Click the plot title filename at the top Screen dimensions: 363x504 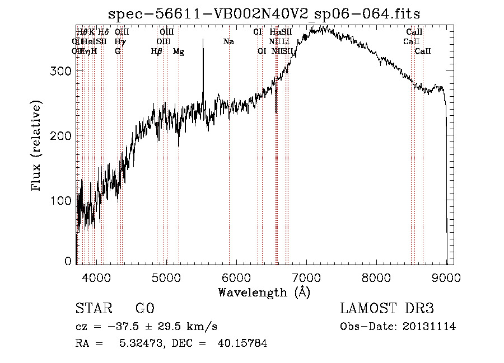(264, 13)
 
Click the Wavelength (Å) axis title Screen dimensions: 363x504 (264, 292)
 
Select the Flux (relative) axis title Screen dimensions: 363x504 (38, 147)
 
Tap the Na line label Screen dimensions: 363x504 (228, 42)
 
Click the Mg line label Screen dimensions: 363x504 (178, 51)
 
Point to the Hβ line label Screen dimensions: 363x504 (157, 51)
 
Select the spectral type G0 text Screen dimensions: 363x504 (144, 309)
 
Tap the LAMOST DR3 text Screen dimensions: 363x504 (387, 309)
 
